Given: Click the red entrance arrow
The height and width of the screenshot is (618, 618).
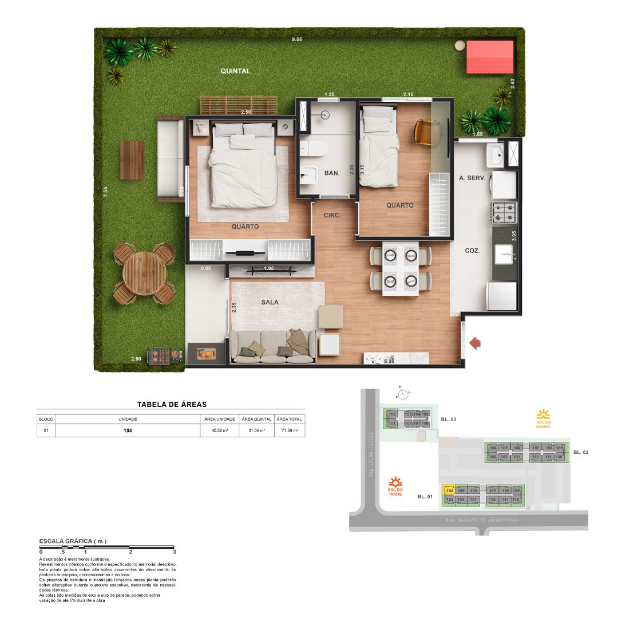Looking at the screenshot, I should [x=474, y=343].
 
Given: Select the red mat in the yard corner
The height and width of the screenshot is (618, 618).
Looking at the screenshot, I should [x=490, y=57].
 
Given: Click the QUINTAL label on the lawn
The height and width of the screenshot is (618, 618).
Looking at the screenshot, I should [x=236, y=71].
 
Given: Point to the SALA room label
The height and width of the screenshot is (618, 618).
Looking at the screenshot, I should [x=270, y=302].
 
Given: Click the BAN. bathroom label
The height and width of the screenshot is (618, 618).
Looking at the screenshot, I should [x=332, y=172].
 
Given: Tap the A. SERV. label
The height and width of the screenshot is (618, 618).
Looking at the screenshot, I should [x=472, y=178].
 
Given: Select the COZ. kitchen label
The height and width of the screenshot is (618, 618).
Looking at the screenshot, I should [x=472, y=251].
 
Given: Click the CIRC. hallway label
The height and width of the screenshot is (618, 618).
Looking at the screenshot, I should [x=332, y=216].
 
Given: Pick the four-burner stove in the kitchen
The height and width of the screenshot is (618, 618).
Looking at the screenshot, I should [x=505, y=212].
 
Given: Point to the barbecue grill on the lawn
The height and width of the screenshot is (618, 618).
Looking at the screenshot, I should [x=157, y=356].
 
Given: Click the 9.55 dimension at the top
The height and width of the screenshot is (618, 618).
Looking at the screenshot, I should [x=297, y=39].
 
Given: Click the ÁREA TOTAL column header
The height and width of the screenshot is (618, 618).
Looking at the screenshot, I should [x=290, y=419].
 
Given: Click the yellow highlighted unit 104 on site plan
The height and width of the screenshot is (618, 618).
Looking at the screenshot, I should [x=449, y=490].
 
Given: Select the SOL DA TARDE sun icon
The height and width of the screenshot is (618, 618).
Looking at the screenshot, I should [x=394, y=483].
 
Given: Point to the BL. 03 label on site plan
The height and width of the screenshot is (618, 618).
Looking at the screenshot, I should [x=449, y=419].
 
